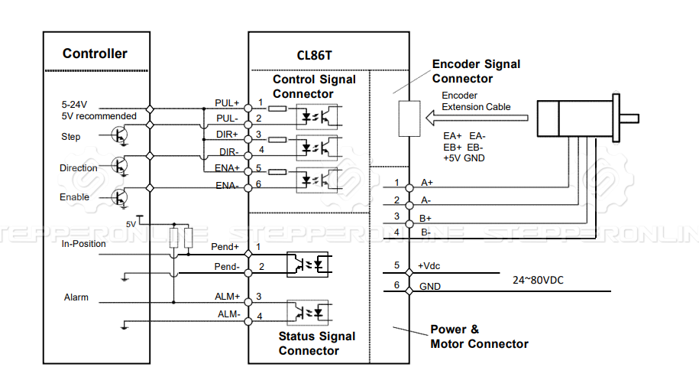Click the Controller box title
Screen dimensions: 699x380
click(95, 54)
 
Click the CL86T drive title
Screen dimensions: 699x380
click(314, 55)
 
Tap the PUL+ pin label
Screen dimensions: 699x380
click(227, 103)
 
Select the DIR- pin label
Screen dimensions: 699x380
click(228, 152)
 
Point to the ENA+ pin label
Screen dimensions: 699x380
click(227, 168)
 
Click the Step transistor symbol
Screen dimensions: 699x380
click(119, 135)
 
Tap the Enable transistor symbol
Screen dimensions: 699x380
click(119, 197)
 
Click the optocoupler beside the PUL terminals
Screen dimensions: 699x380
click(317, 116)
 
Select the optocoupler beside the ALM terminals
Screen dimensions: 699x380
click(308, 312)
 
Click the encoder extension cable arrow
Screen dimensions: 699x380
click(477, 119)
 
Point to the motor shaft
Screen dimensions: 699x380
click(629, 119)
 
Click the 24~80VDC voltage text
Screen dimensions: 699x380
click(538, 280)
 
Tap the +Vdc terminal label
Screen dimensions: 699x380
click(429, 266)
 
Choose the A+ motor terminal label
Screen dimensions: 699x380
click(427, 183)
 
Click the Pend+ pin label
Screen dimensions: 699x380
click(225, 247)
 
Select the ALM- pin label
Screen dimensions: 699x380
click(229, 314)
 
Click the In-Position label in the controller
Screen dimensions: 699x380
click(84, 244)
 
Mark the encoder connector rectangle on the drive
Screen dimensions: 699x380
click(409, 119)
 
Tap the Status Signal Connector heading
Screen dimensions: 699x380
click(317, 343)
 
